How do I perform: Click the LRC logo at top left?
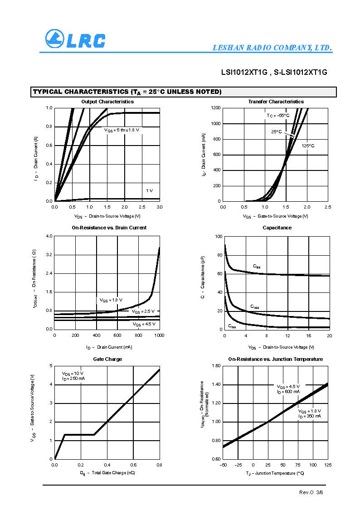tap(75, 39)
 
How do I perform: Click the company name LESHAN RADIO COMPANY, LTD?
tap(272, 48)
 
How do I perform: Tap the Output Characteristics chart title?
tap(107, 102)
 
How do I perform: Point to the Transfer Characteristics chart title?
tap(276, 102)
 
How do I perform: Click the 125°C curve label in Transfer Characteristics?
tap(308, 146)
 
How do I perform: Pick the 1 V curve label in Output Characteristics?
tap(150, 190)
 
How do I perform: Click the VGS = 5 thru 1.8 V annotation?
tap(122, 130)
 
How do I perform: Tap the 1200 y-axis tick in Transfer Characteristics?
tap(215, 108)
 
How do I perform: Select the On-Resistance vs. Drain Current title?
tap(109, 228)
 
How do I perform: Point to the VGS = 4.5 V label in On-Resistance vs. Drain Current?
tap(144, 324)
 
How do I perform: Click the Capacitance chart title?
tap(277, 228)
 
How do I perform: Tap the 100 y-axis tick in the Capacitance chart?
tap(218, 237)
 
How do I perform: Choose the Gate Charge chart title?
tap(107, 359)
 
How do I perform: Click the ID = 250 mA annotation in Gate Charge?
tap(73, 378)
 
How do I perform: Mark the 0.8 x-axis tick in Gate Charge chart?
tap(159, 465)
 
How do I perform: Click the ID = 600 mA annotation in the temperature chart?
tap(288, 392)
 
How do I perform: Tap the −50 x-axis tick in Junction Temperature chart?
tap(223, 465)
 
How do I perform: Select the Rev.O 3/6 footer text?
tap(311, 492)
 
